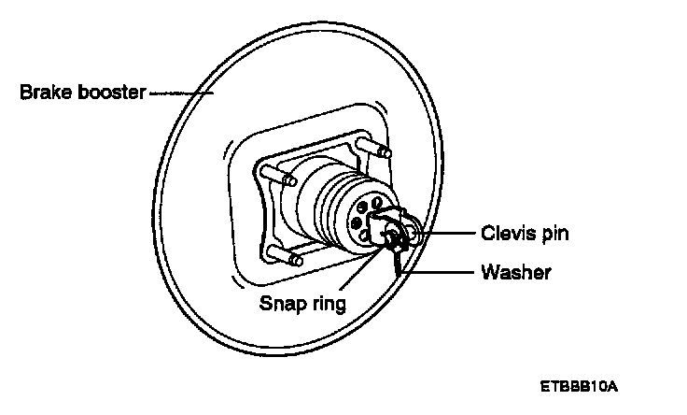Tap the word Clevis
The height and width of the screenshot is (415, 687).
coord(504,232)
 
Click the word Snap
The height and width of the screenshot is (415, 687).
coord(282,304)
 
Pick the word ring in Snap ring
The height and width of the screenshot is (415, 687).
coord(329,305)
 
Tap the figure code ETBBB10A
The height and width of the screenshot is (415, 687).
coord(579,385)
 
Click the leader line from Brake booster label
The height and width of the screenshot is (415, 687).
coord(181,93)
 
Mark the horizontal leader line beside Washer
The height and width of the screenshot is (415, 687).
coord(443,273)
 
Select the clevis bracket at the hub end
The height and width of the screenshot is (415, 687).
coord(386,224)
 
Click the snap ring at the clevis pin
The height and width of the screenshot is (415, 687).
coord(396,240)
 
